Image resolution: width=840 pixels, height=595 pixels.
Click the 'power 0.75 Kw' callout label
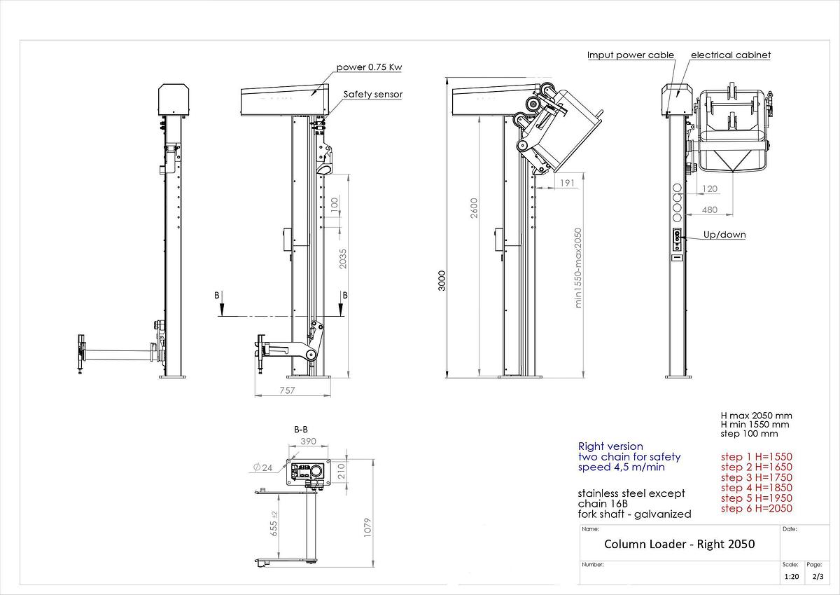click(x=370, y=67)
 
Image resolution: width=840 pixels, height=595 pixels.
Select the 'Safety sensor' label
click(x=372, y=94)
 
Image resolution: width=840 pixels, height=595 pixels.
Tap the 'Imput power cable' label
click(x=630, y=55)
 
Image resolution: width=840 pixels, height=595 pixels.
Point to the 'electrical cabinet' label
click(x=731, y=55)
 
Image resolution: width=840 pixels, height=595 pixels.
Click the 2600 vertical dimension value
click(x=474, y=209)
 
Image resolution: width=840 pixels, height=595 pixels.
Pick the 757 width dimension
click(x=286, y=390)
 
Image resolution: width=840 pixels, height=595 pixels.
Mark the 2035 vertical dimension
click(x=342, y=260)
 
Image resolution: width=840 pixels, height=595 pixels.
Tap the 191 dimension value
click(x=568, y=182)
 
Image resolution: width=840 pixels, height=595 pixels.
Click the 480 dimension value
click(x=709, y=209)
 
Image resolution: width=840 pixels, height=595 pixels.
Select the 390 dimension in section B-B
click(x=308, y=442)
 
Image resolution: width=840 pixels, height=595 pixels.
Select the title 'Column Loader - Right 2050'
click(x=679, y=544)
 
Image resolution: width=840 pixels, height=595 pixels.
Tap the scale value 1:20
click(x=792, y=576)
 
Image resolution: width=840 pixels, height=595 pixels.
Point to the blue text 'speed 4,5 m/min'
click(x=621, y=467)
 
